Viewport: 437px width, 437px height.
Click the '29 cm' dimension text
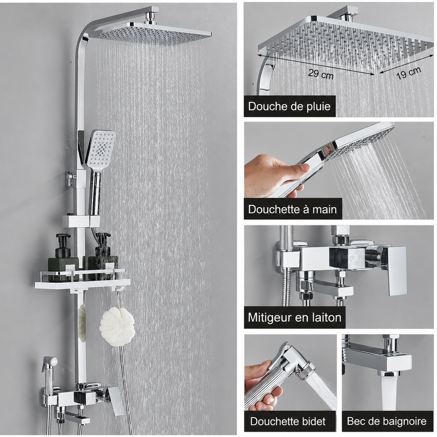(321, 74)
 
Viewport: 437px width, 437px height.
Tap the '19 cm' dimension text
(409, 73)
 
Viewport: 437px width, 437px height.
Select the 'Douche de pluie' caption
(290, 106)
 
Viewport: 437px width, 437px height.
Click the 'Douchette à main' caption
(292, 209)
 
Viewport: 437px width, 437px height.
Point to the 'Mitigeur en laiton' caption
(295, 318)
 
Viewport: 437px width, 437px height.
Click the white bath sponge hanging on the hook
(117, 325)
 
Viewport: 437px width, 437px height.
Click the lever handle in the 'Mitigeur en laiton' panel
(393, 270)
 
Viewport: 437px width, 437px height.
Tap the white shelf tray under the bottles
(83, 284)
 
